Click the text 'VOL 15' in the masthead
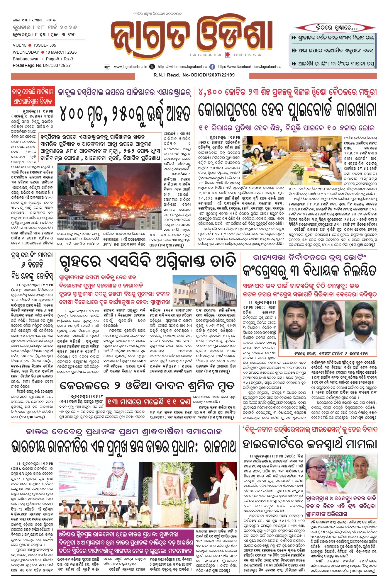(19, 45)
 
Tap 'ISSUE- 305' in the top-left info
(45, 45)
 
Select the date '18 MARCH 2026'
(61, 52)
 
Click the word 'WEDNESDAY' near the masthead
(26, 52)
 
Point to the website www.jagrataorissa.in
(131, 67)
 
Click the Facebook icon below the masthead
(212, 67)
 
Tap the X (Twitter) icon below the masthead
(152, 67)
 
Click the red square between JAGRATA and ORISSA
(228, 55)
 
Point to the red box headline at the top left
(33, 96)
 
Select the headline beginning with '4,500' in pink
(287, 92)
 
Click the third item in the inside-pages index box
(333, 63)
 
